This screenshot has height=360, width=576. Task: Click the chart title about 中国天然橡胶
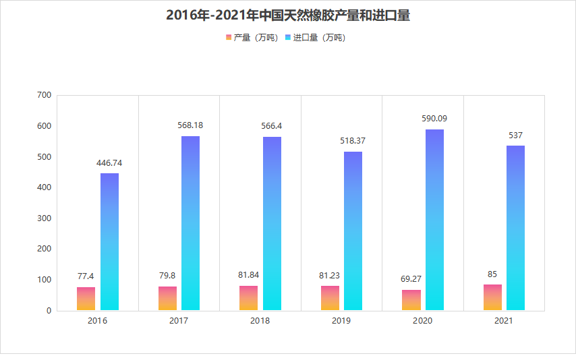288,15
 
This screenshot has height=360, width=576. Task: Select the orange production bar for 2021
492,297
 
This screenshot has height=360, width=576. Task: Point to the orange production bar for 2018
248,298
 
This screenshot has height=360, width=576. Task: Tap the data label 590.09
434,119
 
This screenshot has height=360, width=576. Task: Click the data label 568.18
190,125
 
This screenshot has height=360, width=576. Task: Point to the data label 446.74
109,162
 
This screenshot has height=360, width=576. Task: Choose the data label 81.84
249,274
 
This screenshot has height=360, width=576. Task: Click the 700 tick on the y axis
45,95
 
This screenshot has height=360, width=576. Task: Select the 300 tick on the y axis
45,218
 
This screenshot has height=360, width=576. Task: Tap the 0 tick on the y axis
49,311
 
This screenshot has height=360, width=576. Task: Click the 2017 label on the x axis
179,321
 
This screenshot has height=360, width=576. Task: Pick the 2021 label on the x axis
504,321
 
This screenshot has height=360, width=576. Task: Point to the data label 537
515,136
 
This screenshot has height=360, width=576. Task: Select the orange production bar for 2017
167,299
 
